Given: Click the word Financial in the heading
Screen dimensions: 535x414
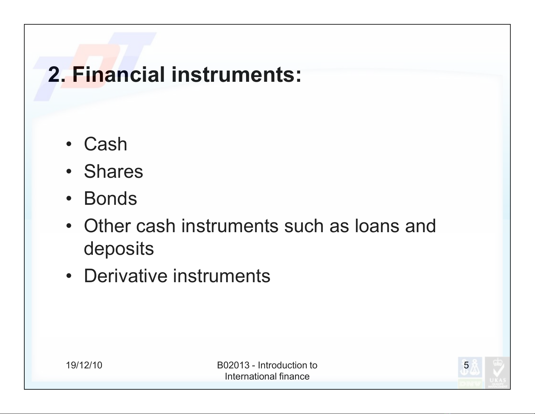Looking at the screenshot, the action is (x=118, y=74).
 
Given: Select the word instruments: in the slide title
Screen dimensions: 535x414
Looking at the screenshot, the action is (x=236, y=74).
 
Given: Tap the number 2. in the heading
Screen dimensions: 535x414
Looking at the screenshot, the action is (x=57, y=74).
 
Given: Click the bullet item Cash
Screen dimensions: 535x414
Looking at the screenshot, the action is (x=105, y=144).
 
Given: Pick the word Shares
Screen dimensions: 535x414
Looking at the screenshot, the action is (x=113, y=171).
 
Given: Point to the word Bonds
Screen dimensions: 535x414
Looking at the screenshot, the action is (x=110, y=198).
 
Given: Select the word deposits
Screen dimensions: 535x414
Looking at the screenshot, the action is (x=119, y=249).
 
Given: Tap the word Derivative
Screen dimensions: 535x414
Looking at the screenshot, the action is (x=126, y=276).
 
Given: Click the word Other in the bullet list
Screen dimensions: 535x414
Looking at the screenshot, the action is (x=107, y=226).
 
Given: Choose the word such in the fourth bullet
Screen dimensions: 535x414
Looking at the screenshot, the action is (x=303, y=226).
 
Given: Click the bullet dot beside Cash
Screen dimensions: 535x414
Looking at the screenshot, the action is (x=69, y=144).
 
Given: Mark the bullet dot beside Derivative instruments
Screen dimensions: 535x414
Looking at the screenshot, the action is (x=69, y=276).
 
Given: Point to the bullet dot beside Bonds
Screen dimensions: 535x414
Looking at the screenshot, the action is (x=69, y=199).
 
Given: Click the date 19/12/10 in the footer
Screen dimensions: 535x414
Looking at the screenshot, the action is (x=84, y=365).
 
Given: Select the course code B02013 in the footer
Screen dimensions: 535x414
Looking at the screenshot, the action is (x=233, y=365).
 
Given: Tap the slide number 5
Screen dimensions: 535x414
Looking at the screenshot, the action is (x=466, y=365).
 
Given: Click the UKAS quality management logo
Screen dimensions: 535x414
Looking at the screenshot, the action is (x=497, y=372).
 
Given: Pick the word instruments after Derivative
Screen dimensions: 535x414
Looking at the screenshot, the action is (x=221, y=276).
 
